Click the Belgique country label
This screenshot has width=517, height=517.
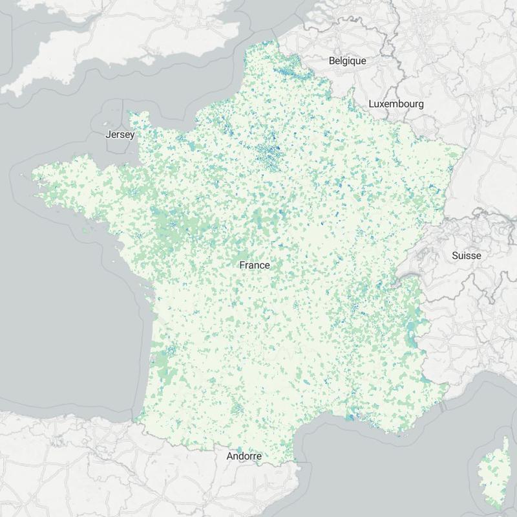pos(347,61)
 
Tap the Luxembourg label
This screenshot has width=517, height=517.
pos(396,104)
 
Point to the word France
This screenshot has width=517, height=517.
pos(254,265)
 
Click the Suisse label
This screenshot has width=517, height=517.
pos(466,256)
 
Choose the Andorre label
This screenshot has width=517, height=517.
pos(244,456)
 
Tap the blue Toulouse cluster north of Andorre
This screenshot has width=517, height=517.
pos(237,409)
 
